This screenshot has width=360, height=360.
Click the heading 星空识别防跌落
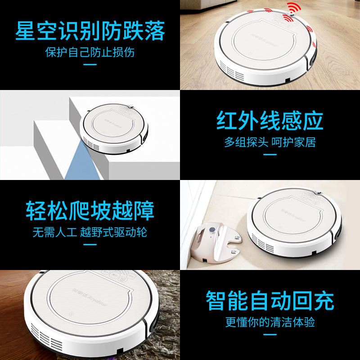(x=90, y=31)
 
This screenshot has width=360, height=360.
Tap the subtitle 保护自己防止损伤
(x=90, y=52)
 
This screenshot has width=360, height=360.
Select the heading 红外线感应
(x=270, y=121)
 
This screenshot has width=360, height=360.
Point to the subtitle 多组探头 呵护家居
(x=270, y=142)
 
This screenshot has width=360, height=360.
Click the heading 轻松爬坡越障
(x=90, y=211)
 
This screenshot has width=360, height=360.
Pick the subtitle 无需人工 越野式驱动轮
(x=90, y=232)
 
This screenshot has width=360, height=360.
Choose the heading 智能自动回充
(x=270, y=301)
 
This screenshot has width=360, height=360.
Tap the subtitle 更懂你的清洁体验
(x=270, y=322)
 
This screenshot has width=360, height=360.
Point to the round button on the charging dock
(x=212, y=229)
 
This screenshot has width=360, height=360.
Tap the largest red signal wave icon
(x=294, y=9)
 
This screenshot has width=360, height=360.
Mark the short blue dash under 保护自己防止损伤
(x=90, y=64)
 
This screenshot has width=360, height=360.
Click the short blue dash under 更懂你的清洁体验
(x=270, y=334)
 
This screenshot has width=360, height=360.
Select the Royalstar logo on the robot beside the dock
(x=293, y=215)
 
